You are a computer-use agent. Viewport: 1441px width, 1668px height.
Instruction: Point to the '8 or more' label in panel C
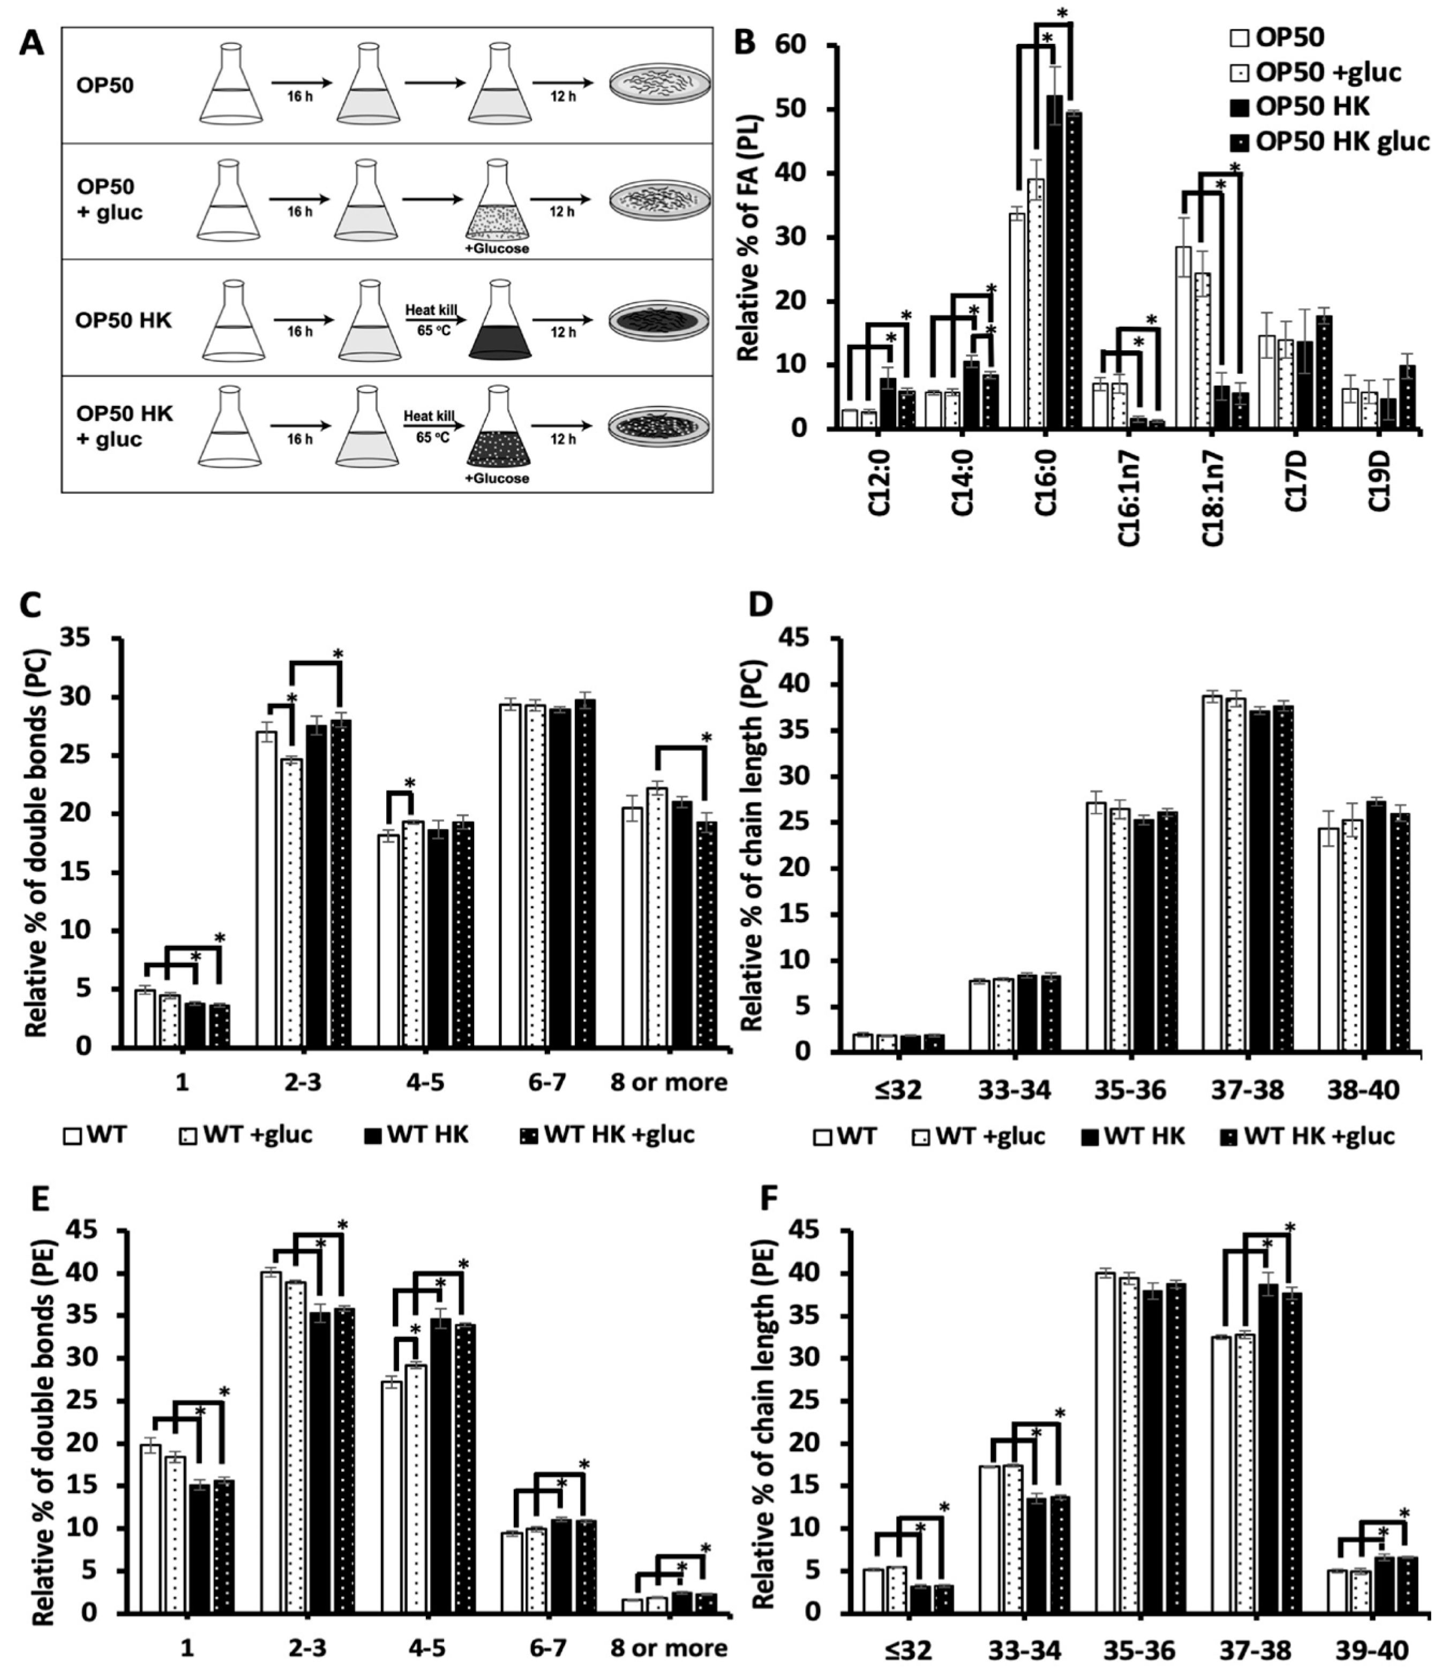pyautogui.click(x=669, y=1082)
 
